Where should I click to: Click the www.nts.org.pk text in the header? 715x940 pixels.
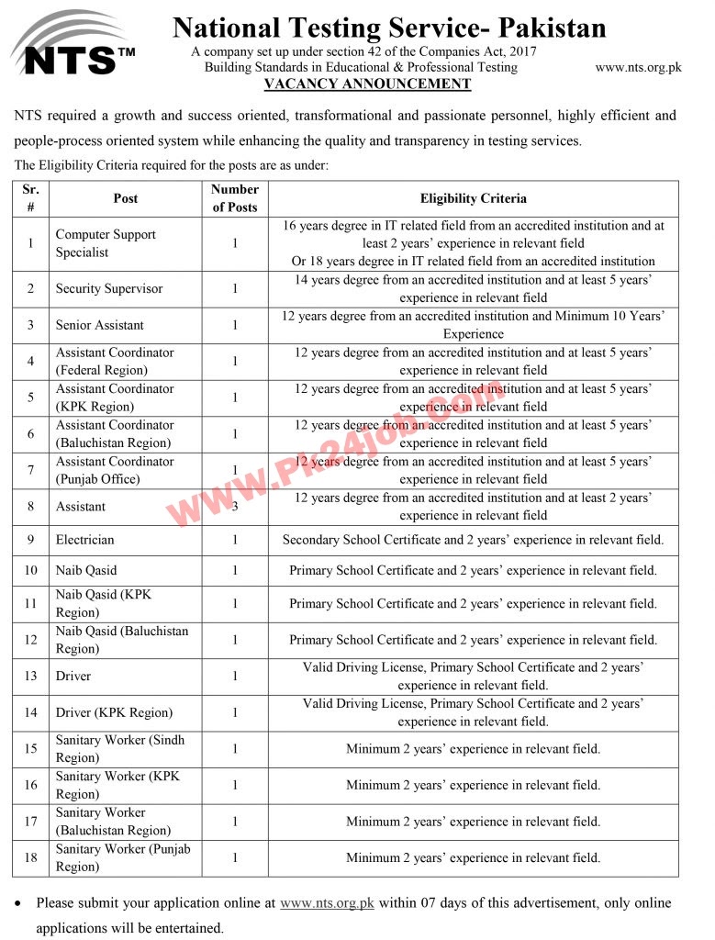pos(638,67)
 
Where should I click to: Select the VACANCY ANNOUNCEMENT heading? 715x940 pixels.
pos(367,84)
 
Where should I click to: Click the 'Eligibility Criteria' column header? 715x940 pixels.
pos(473,198)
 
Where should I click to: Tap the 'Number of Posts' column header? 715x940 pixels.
pos(235,198)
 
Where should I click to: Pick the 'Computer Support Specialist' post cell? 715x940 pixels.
pos(106,243)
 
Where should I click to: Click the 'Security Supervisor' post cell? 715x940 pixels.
pos(108,289)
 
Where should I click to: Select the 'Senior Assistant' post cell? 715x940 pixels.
pos(99,325)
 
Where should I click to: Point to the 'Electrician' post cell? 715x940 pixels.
pos(84,540)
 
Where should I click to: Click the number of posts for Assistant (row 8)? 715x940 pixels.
pos(235,507)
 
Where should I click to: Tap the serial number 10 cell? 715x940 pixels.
pos(31,570)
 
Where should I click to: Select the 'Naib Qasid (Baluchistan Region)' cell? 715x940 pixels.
pos(121,640)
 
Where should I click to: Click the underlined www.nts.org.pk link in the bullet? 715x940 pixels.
pos(327,903)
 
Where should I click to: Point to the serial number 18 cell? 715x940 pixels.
pos(31,857)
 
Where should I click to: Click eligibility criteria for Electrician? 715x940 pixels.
pos(473,540)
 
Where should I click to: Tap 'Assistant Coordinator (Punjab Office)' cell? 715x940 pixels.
pos(114,470)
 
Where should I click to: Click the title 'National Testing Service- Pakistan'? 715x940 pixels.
pos(389,28)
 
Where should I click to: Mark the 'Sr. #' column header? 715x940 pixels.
pos(31,198)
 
